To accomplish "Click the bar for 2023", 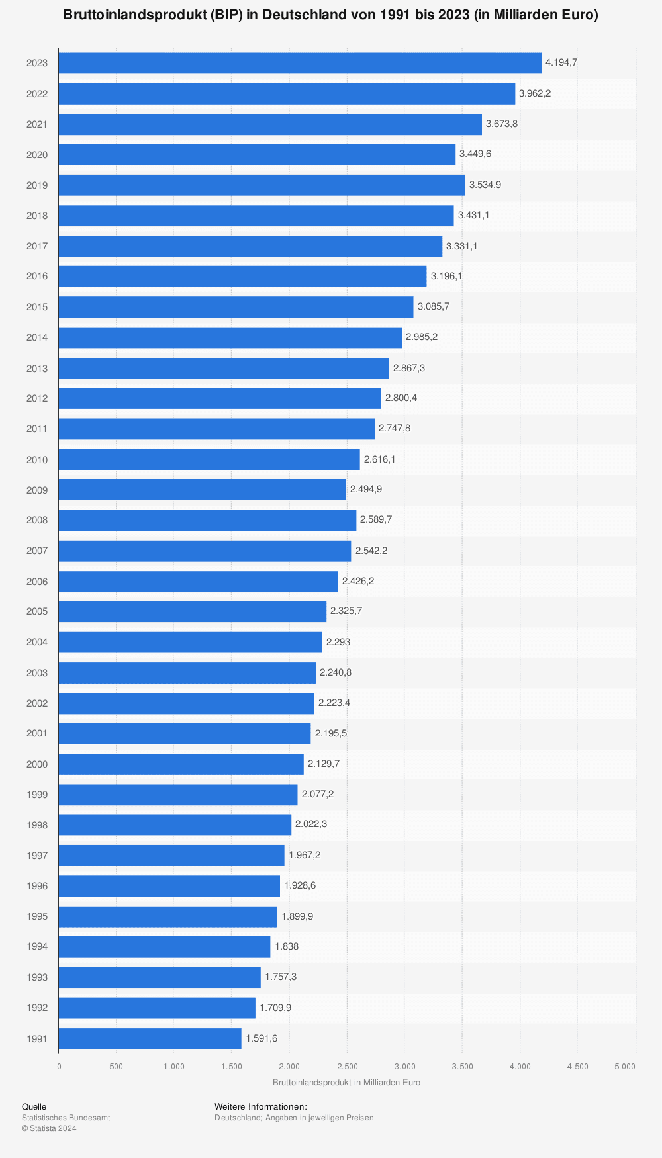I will tap(300, 63).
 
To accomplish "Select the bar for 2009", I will tap(202, 490).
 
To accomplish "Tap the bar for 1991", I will tap(150, 1038).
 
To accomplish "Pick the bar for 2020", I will tap(257, 154).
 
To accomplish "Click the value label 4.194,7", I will tap(561, 62).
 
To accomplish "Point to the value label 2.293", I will tap(338, 642).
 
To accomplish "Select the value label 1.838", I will tap(287, 946).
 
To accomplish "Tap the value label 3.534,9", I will tap(485, 185).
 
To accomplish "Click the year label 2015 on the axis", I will tap(37, 307).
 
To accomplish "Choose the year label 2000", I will tap(37, 764).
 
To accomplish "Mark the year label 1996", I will tap(37, 886).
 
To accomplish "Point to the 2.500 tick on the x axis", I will tap(347, 1066).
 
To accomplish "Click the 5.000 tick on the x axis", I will tap(625, 1066).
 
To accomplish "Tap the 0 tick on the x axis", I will tap(59, 1066).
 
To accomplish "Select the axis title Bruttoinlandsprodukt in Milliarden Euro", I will tap(346, 1083).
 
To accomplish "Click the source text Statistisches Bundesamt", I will tap(66, 1118).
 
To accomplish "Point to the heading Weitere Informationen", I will tap(261, 1106).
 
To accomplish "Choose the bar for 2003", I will tap(187, 672).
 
